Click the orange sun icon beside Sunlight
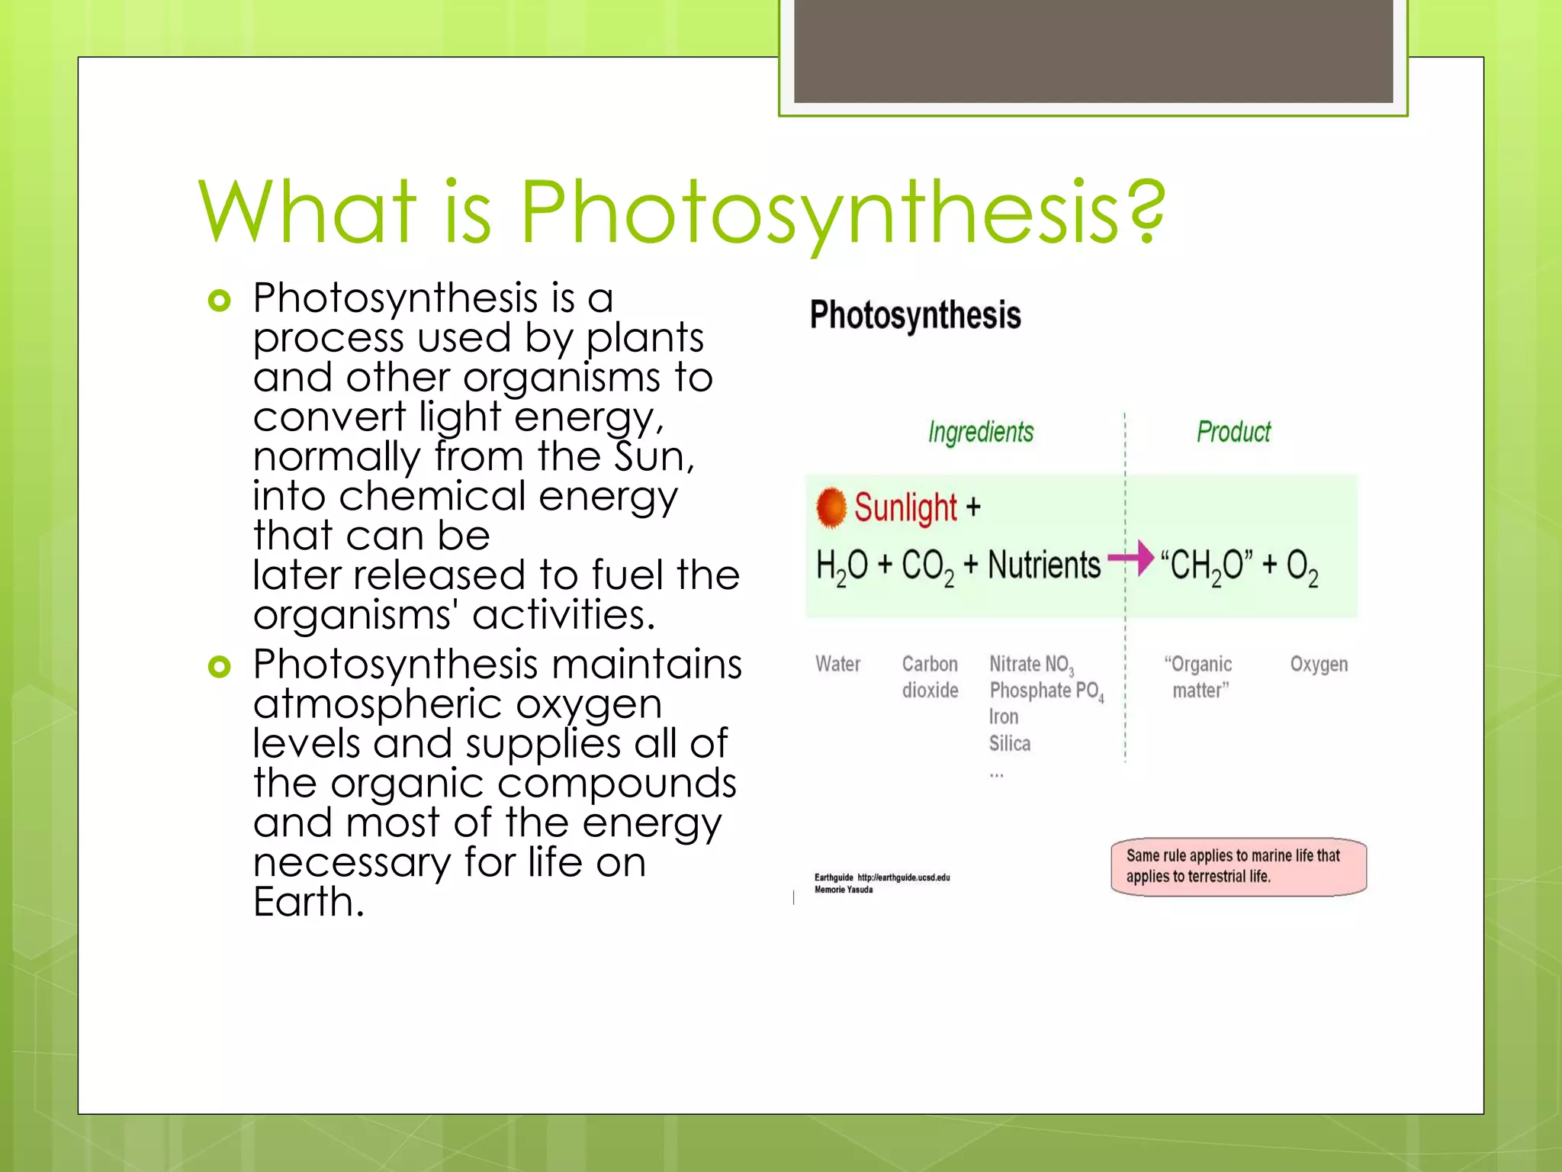[831, 507]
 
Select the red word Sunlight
[905, 507]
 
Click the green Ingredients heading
[981, 432]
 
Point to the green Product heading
[1233, 432]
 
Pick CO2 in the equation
[927, 567]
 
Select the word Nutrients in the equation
[1044, 565]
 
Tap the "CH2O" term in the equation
[1206, 567]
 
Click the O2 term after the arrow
[1302, 567]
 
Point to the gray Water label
[837, 665]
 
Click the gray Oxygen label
[1319, 665]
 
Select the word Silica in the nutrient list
[1010, 743]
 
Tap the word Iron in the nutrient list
[1004, 716]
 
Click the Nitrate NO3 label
[1031, 665]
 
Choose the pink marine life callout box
[1238, 867]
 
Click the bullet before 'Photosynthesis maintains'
[219, 667]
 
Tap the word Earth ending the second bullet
[307, 903]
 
